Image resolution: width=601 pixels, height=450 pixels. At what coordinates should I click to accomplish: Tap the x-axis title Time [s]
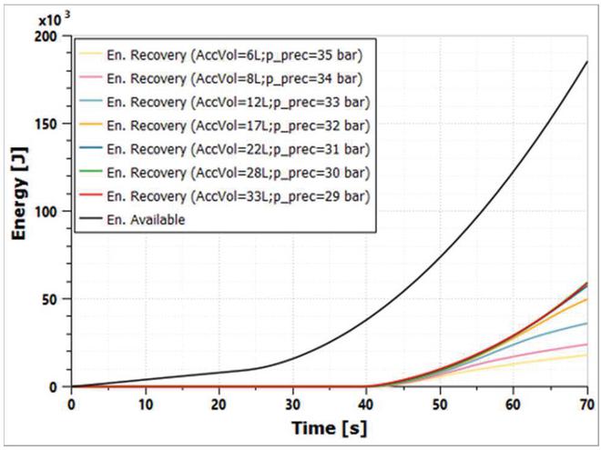click(329, 427)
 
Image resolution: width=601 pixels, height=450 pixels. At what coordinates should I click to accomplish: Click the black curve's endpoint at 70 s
click(587, 62)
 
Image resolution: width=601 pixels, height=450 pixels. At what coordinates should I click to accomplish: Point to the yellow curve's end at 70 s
click(587, 355)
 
